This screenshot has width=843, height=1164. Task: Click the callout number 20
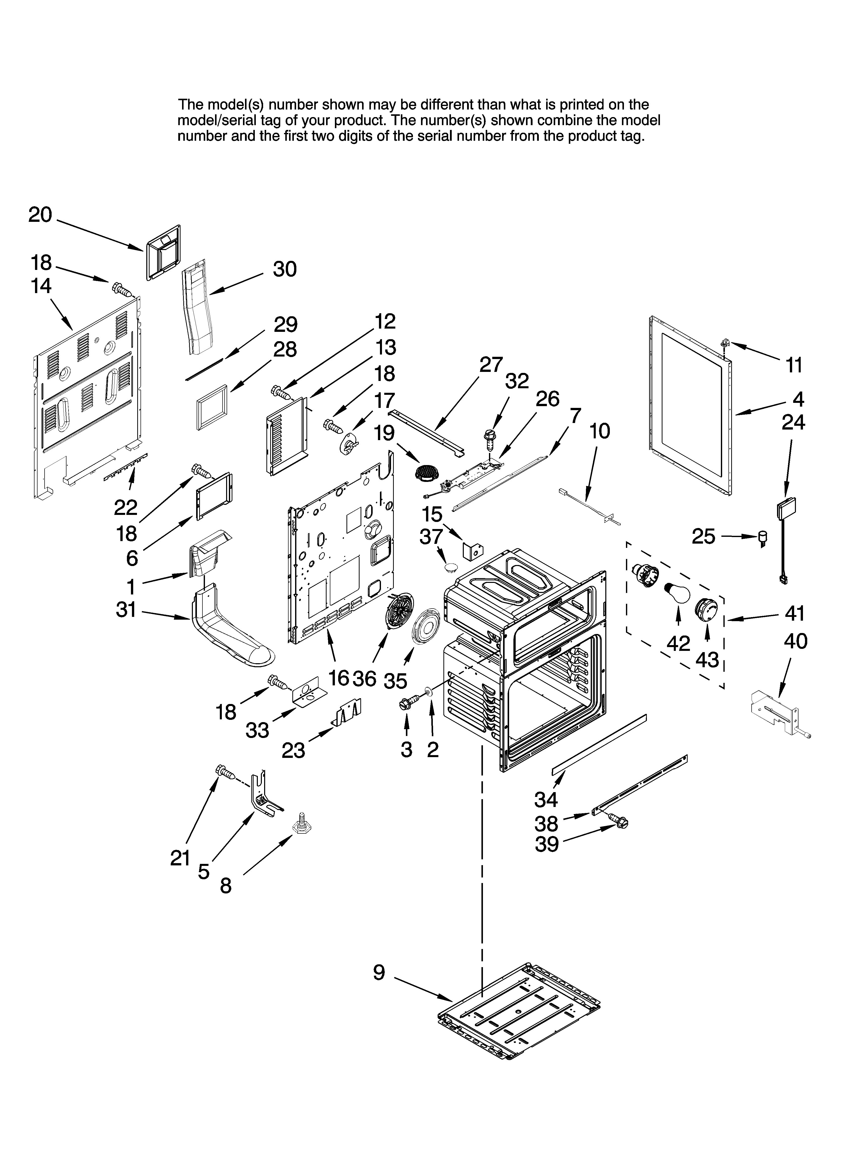tap(40, 215)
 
